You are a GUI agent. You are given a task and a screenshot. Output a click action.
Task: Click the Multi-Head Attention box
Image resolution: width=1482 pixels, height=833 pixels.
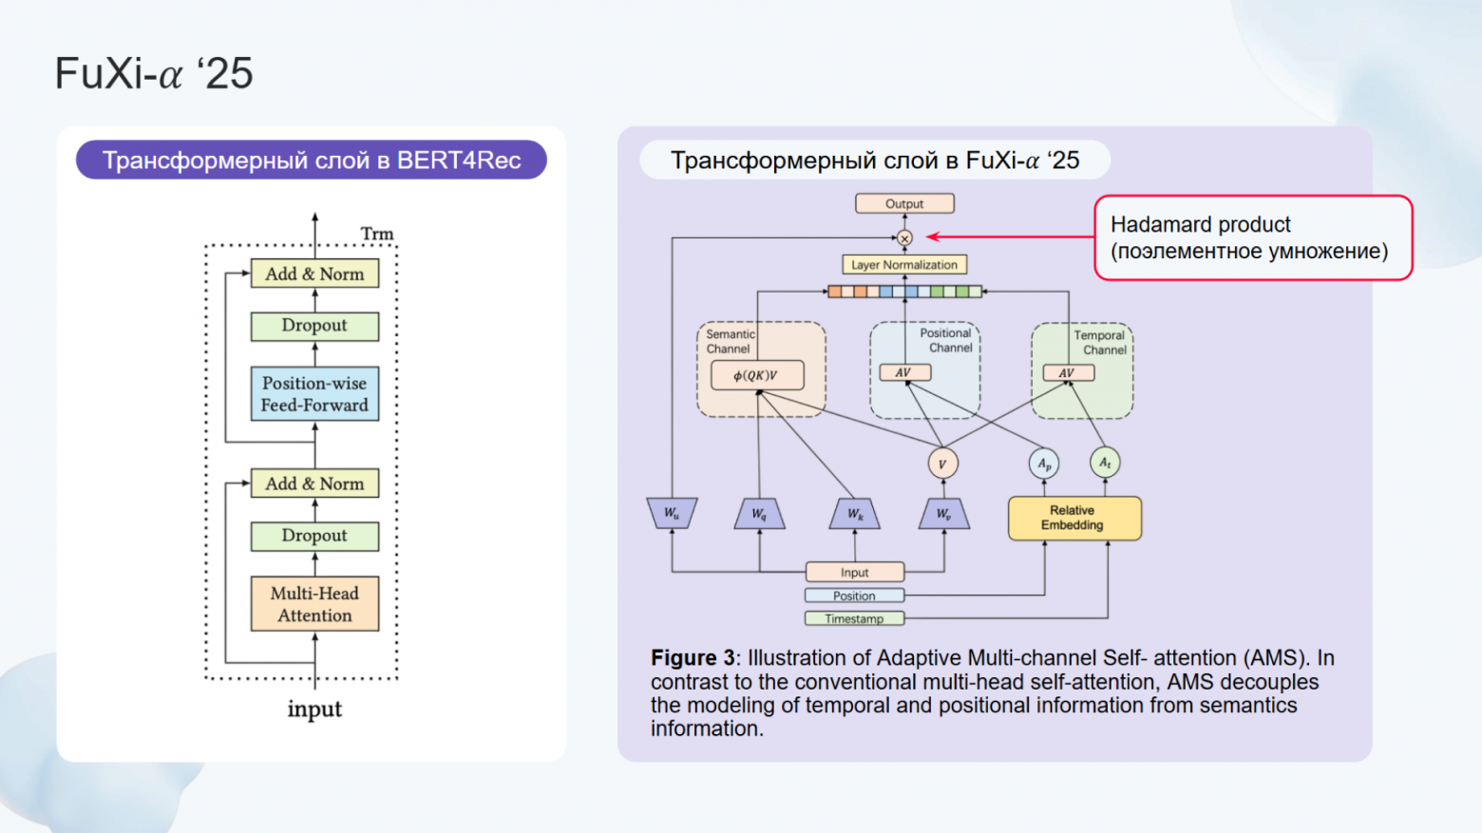[314, 604]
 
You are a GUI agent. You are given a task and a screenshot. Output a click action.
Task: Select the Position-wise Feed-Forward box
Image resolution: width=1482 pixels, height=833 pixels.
[314, 394]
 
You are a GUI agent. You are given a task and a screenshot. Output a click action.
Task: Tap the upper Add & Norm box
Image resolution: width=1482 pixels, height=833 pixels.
[314, 274]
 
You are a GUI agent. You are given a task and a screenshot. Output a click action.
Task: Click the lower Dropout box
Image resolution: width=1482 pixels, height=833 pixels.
[314, 536]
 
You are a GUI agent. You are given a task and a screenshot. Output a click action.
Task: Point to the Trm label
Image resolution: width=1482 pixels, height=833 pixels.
[376, 234]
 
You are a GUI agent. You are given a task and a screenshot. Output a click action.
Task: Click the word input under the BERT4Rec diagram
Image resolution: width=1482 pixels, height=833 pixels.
[314, 709]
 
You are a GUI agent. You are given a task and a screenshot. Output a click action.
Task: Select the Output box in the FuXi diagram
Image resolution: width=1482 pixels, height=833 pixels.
[904, 203]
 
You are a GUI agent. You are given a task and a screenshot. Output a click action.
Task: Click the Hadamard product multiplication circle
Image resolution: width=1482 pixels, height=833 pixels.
[904, 237]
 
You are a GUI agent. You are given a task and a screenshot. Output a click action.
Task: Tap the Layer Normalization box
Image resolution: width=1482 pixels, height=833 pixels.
[904, 265]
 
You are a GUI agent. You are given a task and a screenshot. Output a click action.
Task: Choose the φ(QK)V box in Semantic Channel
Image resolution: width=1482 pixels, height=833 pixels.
[757, 375]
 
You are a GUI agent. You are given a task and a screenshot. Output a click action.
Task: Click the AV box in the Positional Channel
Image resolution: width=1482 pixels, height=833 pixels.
[904, 372]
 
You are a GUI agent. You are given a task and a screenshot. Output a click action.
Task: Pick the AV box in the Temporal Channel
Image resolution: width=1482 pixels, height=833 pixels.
[1068, 373]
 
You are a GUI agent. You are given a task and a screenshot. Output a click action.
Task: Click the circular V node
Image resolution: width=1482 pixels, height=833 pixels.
[942, 464]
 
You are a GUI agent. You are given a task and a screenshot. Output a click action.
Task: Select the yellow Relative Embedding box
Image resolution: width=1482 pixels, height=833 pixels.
[1073, 518]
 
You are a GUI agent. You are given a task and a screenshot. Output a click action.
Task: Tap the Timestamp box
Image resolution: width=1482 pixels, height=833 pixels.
[854, 618]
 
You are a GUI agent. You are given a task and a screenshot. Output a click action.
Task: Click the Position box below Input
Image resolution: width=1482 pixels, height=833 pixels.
[854, 596]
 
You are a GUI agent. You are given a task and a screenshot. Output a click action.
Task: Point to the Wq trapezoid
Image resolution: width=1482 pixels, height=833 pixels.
[759, 514]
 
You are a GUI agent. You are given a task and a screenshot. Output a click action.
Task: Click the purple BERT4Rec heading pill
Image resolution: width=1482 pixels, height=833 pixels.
[312, 161]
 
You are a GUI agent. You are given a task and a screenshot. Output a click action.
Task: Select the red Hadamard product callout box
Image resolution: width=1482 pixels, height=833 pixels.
[1252, 237]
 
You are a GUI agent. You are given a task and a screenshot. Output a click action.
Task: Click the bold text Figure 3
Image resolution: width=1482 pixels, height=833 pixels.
[693, 658]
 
